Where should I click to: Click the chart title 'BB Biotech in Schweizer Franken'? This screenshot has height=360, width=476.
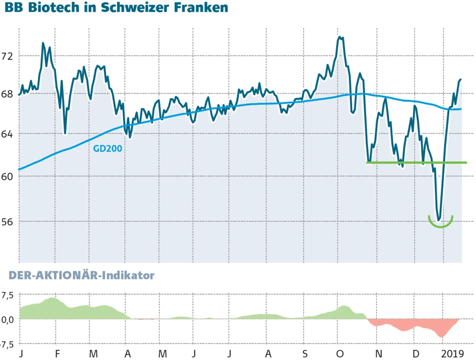point(116,9)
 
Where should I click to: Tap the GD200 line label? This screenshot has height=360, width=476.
point(108,149)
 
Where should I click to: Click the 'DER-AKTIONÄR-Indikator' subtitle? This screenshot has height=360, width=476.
point(79,275)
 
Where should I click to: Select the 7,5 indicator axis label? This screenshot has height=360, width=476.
point(8,295)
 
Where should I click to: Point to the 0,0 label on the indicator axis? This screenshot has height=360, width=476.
point(8,320)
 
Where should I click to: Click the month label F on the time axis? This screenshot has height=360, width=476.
point(57,354)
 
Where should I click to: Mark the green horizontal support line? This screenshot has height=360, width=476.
point(416,162)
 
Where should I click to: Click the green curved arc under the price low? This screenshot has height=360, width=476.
point(440,225)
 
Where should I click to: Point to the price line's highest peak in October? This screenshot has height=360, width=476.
point(339,37)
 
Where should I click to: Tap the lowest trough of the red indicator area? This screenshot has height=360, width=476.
point(442,337)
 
